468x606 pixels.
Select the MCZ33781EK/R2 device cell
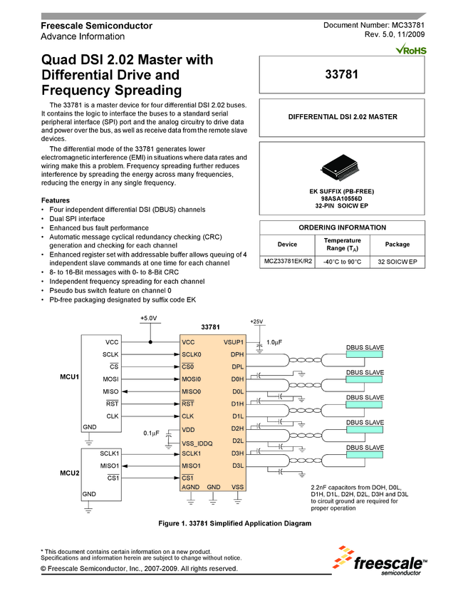pos(288,263)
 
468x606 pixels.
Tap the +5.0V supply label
pos(149,318)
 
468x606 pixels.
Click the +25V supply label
pos(257,322)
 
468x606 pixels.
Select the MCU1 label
pos(69,375)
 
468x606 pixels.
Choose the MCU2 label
pos(69,473)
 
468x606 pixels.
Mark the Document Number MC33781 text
pos(374,26)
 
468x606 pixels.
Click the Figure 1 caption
pos(234,524)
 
